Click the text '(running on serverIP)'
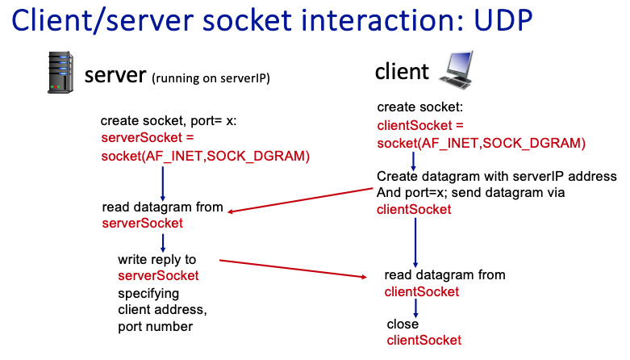click(x=211, y=78)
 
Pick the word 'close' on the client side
click(x=403, y=324)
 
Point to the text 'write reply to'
click(x=157, y=260)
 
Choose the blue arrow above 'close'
click(x=415, y=308)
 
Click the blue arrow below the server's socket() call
click(x=163, y=182)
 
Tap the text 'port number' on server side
click(x=155, y=326)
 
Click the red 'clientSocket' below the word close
click(x=424, y=341)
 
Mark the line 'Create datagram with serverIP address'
click(x=496, y=177)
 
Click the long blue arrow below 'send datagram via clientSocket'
click(x=415, y=241)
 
